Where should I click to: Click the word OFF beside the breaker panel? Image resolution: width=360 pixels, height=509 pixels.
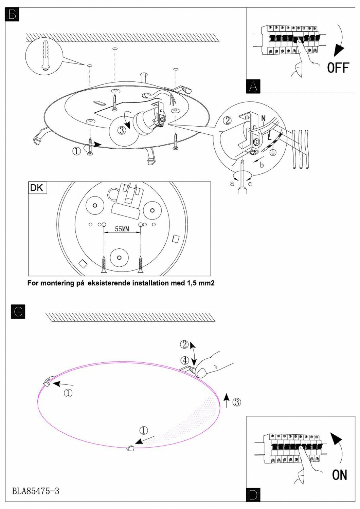pos(338,68)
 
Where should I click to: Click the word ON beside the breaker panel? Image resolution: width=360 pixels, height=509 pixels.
pos(339,475)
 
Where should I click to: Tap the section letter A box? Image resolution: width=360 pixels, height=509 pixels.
pos(253,86)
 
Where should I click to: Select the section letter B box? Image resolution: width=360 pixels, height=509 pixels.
pos(12,15)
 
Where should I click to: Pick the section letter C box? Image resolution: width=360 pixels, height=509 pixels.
pos(18,312)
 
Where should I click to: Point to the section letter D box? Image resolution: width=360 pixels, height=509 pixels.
pos(253,495)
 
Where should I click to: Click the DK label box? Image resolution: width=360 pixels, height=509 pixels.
pos(37,188)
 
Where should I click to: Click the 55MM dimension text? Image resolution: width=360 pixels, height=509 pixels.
pos(122,229)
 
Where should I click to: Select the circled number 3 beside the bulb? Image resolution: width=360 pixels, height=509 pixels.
pos(123,130)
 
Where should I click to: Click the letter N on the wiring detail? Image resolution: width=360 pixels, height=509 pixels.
pos(264,119)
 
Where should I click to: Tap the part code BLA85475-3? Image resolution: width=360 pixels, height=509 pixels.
pos(36,491)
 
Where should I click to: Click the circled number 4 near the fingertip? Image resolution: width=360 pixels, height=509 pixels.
pos(185,360)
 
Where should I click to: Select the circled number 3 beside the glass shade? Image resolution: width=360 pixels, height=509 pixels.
pos(237,402)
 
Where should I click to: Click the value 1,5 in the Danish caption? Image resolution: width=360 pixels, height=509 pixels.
pos(193,283)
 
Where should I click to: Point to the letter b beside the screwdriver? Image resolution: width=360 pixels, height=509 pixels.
pos(262,165)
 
